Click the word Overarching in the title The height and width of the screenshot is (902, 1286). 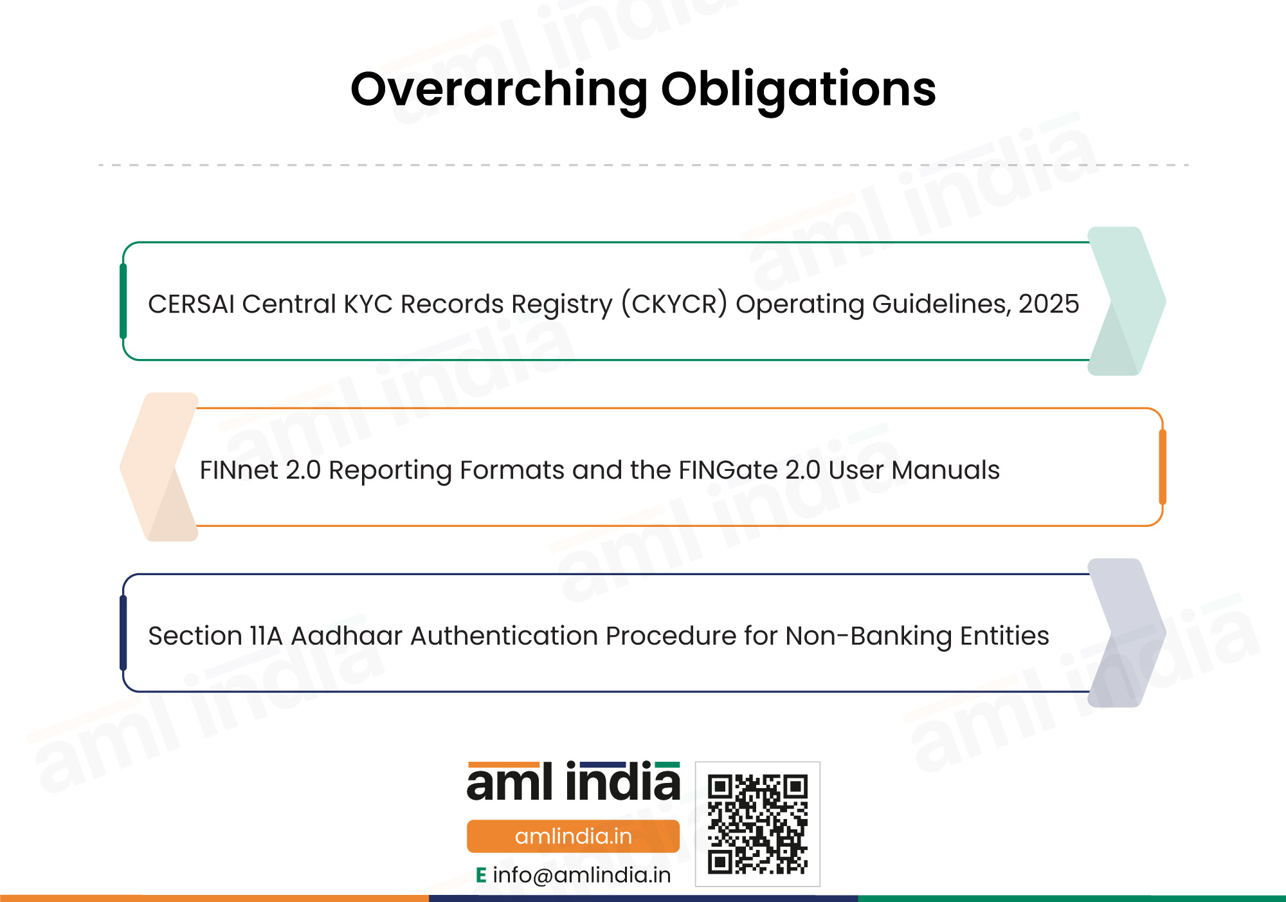coord(499,90)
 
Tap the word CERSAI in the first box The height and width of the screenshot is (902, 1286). coord(191,304)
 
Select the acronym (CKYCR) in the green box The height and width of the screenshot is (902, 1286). coord(675,304)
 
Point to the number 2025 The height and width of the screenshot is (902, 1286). coord(1049,304)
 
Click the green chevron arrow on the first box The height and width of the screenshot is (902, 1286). coord(1127,301)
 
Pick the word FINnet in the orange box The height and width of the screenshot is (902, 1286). coord(239,470)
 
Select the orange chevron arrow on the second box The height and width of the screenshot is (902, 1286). coord(159,467)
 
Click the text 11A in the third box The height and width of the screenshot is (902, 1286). coord(266,636)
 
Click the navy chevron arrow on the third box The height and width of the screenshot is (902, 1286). coord(1127,633)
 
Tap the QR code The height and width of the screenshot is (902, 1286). coord(757,824)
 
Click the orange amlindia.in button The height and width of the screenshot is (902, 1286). coord(573,836)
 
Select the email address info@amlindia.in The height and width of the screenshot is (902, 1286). coord(581,875)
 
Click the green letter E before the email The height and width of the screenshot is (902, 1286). coord(481,875)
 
